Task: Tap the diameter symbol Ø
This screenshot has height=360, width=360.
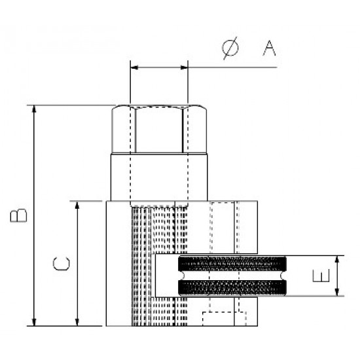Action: coord(231,48)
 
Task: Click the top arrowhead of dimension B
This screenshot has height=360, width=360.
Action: coord(33,109)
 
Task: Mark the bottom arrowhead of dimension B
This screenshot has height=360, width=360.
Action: coord(33,321)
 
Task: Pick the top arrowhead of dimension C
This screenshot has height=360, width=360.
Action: coord(78,206)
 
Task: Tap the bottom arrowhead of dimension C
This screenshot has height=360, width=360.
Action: coord(78,321)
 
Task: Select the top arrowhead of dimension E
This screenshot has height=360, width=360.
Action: coord(338,260)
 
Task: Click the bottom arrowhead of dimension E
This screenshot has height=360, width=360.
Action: coord(338,292)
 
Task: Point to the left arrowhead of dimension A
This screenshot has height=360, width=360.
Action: coord(134,66)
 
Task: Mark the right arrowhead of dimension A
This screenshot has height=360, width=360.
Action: coord(185,66)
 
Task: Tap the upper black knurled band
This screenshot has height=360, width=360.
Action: coord(233,265)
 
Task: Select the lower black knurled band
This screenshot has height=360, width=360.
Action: coord(233,286)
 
